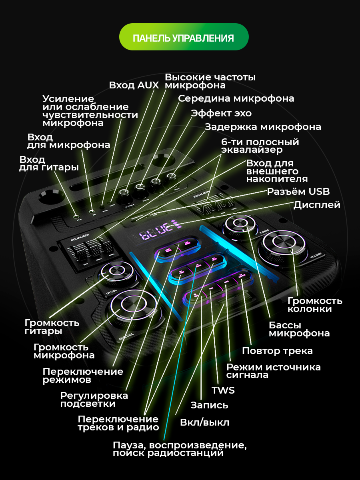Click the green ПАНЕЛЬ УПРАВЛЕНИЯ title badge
point(184,37)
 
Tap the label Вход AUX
point(134,85)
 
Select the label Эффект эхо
point(221,113)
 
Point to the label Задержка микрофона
point(263,127)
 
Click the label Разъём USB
point(298,192)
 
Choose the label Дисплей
point(317,205)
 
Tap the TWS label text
point(223,390)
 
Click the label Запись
point(209,405)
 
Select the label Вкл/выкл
point(204,422)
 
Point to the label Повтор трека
point(277,351)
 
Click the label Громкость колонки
point(315,305)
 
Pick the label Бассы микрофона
point(299,329)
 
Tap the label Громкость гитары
point(52,327)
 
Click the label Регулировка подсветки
point(94,400)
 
